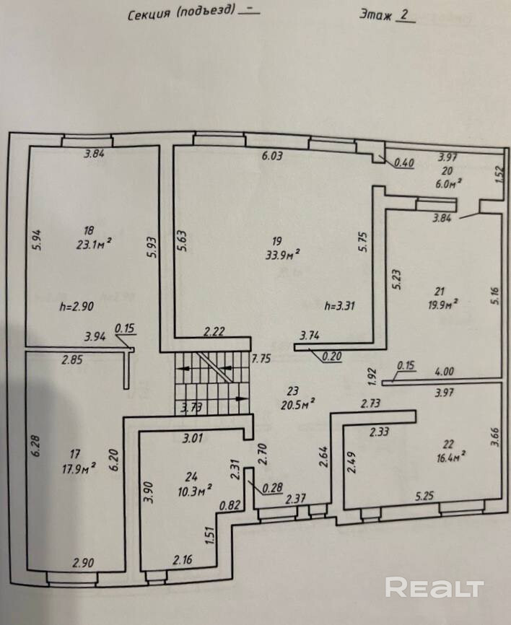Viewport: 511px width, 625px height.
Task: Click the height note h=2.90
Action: [77, 305]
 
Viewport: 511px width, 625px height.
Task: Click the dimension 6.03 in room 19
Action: [273, 154]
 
